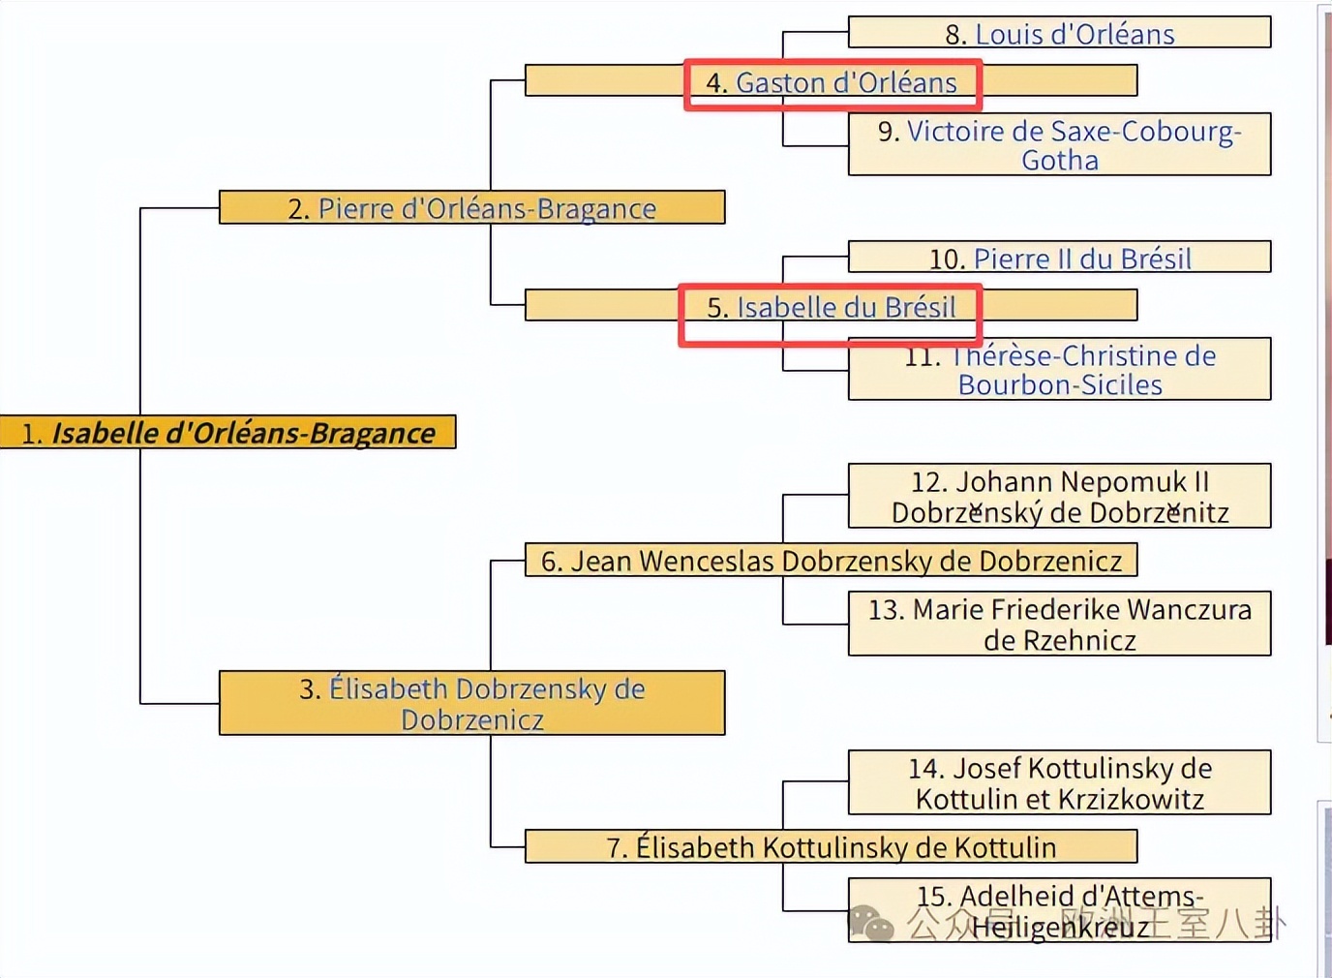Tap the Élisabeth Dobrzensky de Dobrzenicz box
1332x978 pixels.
coord(472,704)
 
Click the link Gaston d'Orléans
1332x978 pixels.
coord(846,83)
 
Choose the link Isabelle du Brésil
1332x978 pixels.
coord(846,308)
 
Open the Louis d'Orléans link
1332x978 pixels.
coord(1075,35)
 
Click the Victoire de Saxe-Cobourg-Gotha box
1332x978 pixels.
coord(1059,145)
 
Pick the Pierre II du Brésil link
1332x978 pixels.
coord(1082,259)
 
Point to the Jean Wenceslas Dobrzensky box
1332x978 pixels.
coord(831,561)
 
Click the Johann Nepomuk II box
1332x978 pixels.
coord(1059,497)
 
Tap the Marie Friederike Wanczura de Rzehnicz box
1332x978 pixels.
coord(1059,625)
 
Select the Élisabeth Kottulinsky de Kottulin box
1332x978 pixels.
coord(831,847)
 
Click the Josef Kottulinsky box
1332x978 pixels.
coord(1059,783)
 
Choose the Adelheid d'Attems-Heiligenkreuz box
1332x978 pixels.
coord(1059,910)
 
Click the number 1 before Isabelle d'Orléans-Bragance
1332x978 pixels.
coord(30,435)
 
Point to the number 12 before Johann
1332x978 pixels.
coord(926,482)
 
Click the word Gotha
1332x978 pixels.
coord(1060,161)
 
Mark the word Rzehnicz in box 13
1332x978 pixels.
coord(1060,641)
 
